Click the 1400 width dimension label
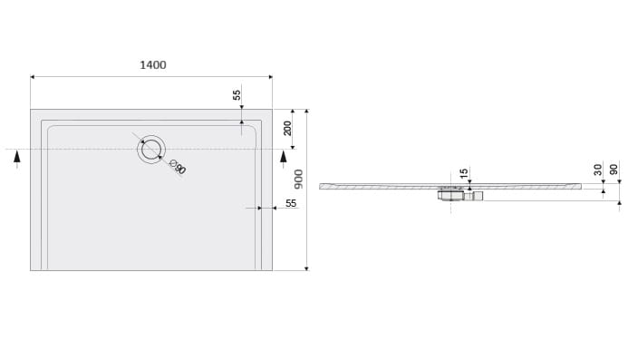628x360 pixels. click(153, 65)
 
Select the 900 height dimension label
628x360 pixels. click(299, 179)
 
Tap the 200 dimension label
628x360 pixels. click(287, 128)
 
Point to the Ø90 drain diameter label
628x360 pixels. click(178, 167)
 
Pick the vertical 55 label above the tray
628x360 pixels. click(237, 94)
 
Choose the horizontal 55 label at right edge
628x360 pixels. click(291, 203)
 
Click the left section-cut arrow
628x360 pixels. click(17, 159)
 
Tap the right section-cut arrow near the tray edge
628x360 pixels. click(283, 160)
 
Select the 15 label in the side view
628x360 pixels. click(463, 173)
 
